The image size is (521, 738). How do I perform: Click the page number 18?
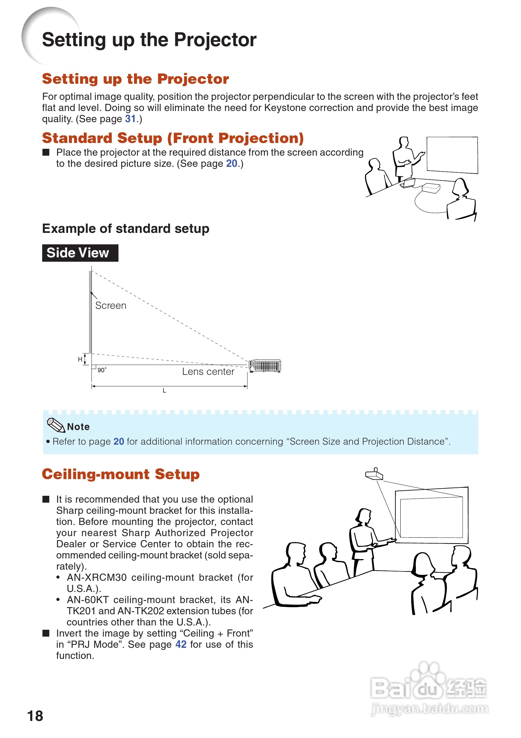pos(35,716)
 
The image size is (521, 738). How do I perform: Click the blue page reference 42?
pos(180,644)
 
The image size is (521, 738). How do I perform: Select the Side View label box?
pos(80,253)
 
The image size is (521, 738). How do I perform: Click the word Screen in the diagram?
pos(111,305)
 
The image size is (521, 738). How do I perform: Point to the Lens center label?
pos(208,371)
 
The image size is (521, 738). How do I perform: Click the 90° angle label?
pos(102,370)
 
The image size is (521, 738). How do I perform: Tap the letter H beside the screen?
pos(80,359)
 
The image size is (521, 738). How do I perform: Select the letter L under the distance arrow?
pos(164,391)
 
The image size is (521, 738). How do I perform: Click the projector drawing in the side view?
pos(265,366)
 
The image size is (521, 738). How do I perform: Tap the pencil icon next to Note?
pos(56,425)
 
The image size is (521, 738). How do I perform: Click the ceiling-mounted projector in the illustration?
pos(374,474)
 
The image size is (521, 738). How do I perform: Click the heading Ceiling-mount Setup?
pos(121,474)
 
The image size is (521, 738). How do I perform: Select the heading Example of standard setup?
pos(126,229)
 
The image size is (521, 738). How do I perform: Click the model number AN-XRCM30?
pos(96,578)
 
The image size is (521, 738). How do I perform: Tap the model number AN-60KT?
pos(87,600)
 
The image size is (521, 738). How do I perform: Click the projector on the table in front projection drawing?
pos(431,188)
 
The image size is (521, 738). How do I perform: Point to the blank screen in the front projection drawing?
pos(452,155)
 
